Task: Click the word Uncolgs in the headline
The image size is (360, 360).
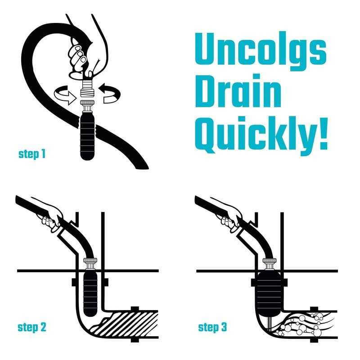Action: pos(261,51)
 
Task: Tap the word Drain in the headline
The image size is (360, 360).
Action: pos(238,90)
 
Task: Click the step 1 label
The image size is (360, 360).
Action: pos(32,154)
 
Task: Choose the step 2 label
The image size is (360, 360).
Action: pos(32,327)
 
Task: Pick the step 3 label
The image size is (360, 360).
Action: pos(212,327)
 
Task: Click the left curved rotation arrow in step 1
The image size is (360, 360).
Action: pos(65,95)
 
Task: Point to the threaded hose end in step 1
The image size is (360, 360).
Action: pos(87,89)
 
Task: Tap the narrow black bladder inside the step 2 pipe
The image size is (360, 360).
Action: pos(90,293)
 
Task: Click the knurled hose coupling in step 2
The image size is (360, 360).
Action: pos(90,261)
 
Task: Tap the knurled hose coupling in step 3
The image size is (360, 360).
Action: pos(270,261)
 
